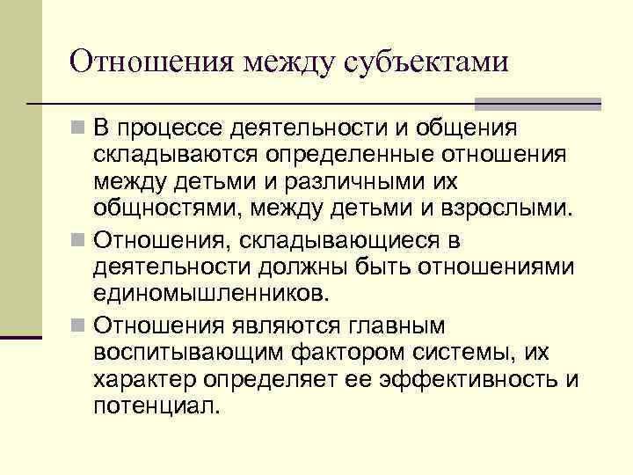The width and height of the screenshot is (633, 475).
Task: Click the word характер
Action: pos(144,381)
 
